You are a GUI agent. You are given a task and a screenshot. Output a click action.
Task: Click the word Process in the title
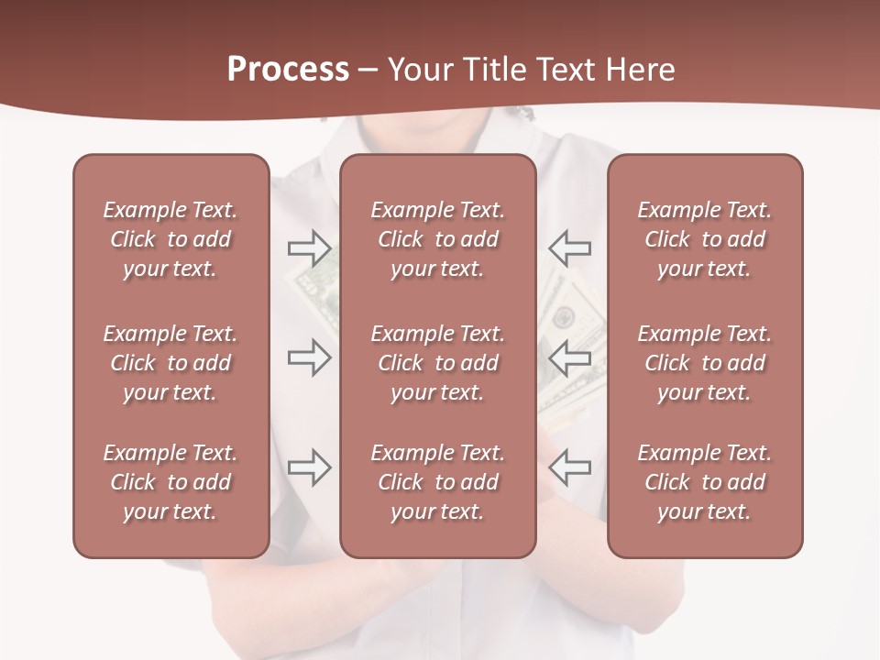(288, 70)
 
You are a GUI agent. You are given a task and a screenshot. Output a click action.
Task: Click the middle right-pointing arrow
(310, 357)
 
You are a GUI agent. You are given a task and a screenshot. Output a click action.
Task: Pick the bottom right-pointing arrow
(310, 467)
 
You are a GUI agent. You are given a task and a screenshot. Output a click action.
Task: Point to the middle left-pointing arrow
(569, 357)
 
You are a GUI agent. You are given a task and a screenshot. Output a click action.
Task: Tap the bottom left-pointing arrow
(569, 467)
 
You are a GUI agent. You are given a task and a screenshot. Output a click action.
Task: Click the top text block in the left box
(170, 239)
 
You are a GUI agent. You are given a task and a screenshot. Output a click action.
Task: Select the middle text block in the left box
(170, 363)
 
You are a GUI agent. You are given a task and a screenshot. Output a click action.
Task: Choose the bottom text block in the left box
(170, 482)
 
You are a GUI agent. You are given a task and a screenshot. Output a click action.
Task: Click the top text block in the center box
(437, 239)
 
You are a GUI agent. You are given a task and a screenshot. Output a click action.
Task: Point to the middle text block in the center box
(437, 363)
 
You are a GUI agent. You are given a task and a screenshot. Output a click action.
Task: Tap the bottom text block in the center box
(437, 482)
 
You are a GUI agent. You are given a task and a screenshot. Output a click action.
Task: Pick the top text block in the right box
(704, 239)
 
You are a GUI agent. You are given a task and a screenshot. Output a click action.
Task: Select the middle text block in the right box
(704, 363)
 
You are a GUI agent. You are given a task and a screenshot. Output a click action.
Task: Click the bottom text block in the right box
(704, 482)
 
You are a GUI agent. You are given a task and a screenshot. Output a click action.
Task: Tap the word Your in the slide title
(419, 70)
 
